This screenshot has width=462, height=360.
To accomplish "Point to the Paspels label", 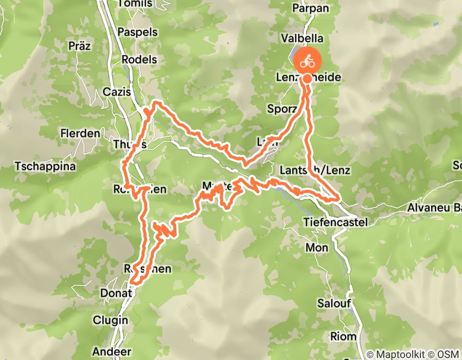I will coord(137,32).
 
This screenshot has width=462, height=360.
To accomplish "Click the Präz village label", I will coord(79,46).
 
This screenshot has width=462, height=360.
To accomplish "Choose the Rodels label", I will coord(139,59).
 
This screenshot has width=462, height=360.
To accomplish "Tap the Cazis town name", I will coord(118,92).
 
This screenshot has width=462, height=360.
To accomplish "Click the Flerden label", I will coord(80,133).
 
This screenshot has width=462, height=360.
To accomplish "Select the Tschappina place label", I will coord(45,167).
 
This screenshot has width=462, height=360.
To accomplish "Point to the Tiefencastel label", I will coord(336,222).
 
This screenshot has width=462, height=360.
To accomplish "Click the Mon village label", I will coord(316,248).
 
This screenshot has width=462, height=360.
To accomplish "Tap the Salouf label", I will coord(334,303).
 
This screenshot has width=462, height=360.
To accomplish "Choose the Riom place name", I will coord(343,336).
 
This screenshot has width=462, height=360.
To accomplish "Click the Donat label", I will coord(118,293).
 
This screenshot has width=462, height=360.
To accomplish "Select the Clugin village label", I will coord(110,320).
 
